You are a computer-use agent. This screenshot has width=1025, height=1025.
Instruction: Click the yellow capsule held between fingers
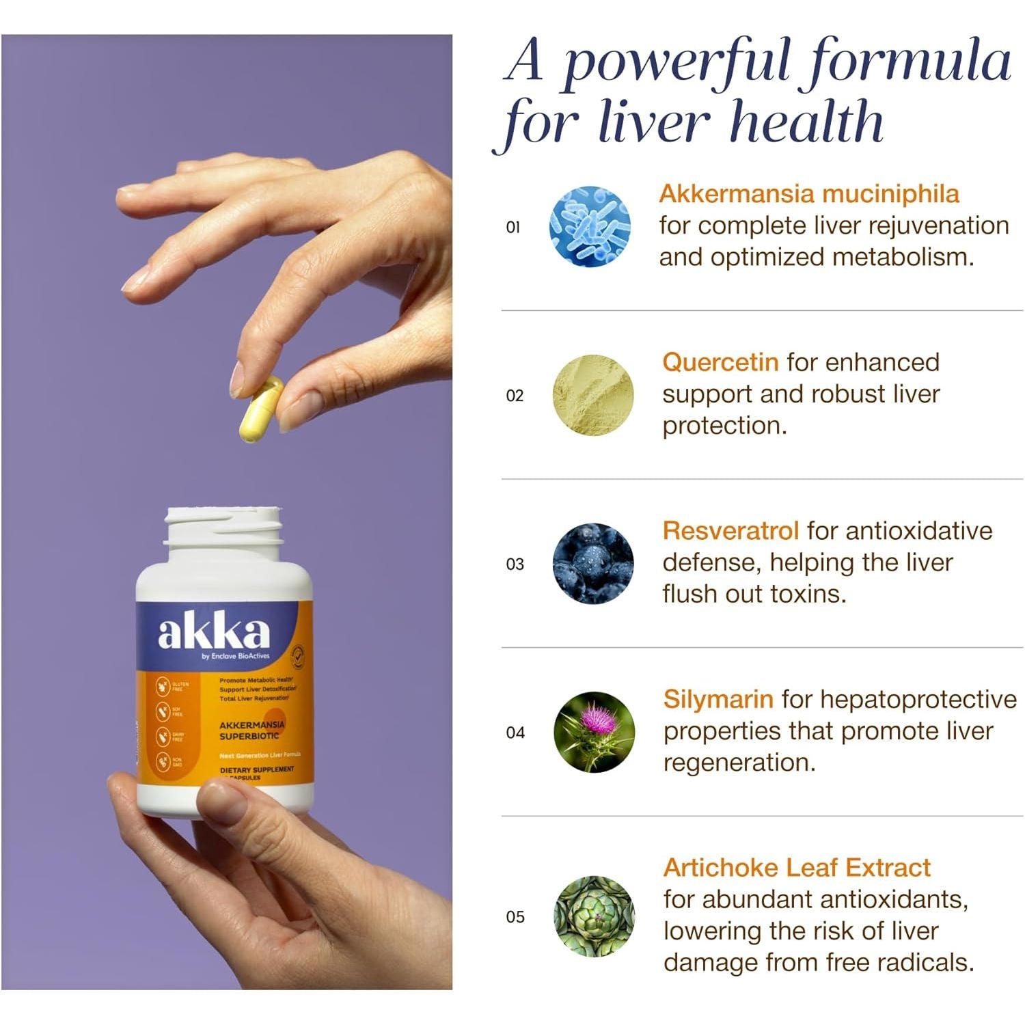pos(261,410)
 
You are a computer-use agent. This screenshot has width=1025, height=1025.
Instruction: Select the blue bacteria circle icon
pos(590,226)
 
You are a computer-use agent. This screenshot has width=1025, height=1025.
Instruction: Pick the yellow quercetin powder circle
pos(592,395)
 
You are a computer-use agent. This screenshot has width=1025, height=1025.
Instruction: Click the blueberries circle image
pos(592,564)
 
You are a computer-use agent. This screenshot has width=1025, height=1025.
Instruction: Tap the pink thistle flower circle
pos(593,732)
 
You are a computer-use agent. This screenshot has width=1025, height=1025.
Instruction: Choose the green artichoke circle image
pos(594,916)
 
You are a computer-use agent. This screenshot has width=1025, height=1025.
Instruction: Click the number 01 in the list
pos(513,228)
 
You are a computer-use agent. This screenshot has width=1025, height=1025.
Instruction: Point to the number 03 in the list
pos(515,564)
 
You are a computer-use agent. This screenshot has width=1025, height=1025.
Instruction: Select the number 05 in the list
pos(515,917)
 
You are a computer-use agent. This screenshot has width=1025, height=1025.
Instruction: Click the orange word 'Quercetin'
pos(720,362)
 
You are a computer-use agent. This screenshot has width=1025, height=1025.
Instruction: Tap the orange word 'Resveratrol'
pos(730,531)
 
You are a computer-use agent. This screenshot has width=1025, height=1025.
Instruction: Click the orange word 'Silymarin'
pos(718,699)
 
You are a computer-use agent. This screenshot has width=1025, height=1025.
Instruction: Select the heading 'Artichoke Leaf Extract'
pos(797,868)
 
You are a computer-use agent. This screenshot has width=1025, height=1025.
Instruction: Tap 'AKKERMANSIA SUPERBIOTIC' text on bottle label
pos(251,730)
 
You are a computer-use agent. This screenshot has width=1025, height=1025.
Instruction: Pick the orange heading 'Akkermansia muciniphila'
pos(809,194)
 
